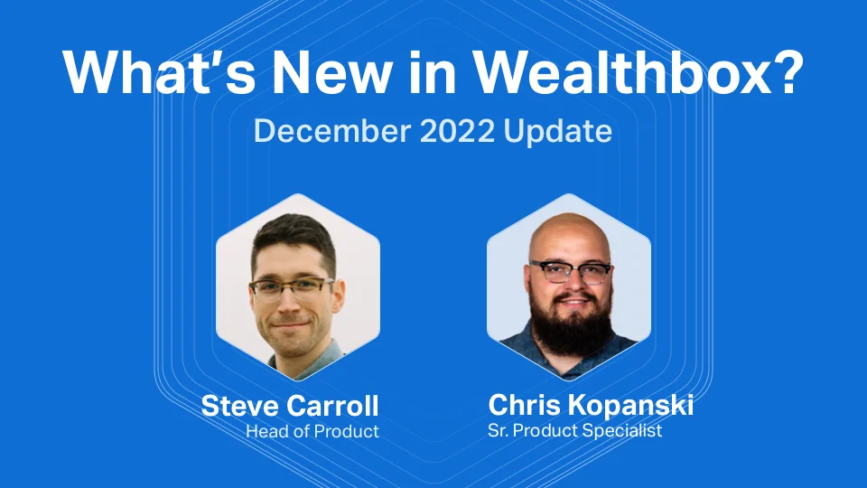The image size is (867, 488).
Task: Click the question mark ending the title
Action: (784, 71)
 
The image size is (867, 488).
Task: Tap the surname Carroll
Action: (335, 406)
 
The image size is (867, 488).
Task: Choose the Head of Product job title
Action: (312, 432)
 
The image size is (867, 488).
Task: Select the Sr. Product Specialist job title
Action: (575, 430)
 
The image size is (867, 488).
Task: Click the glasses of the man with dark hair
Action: (291, 288)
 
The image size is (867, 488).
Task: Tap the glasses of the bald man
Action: (570, 272)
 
